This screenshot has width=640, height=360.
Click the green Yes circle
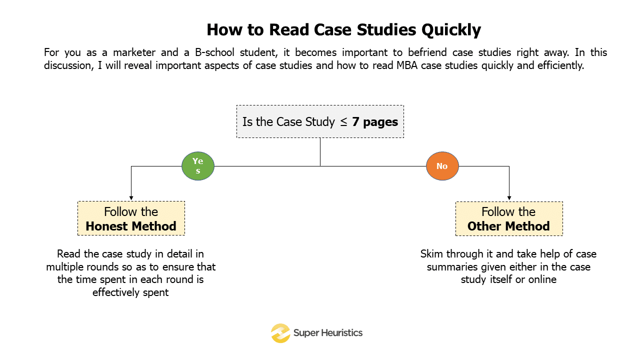click(197, 166)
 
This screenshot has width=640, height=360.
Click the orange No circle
click(442, 166)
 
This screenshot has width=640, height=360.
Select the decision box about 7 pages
click(320, 121)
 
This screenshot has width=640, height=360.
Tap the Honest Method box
click(131, 218)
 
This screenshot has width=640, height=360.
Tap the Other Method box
click(508, 218)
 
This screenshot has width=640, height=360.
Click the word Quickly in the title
click(451, 30)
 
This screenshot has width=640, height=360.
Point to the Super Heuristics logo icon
click(280, 333)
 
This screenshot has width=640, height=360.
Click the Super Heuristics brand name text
click(327, 333)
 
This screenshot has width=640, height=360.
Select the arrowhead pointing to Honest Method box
click(131, 198)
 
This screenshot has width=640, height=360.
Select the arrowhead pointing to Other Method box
click(509, 198)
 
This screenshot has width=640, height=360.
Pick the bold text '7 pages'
click(375, 122)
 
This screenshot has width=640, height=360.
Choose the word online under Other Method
click(542, 279)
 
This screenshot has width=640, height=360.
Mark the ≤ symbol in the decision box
click(344, 122)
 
